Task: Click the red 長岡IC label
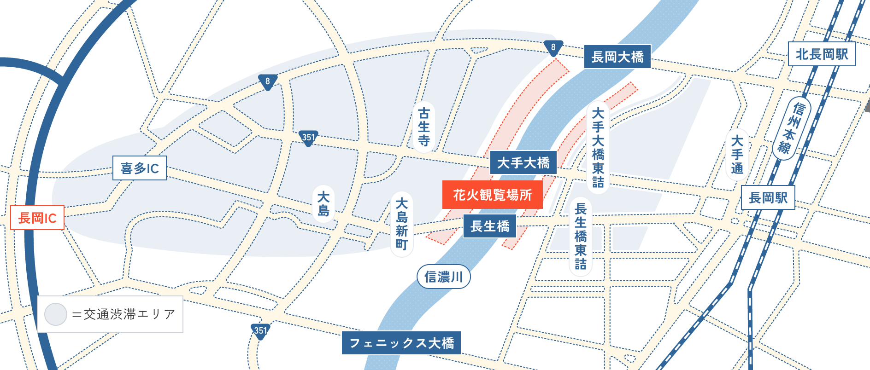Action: (37, 218)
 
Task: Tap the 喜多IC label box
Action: (140, 168)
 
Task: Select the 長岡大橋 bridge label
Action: (617, 57)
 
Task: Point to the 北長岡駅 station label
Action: (822, 54)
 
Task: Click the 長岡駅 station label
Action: (768, 198)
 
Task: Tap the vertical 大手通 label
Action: (737, 154)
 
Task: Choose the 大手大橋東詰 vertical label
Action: (598, 147)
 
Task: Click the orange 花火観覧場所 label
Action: (492, 195)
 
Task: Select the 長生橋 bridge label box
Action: (489, 226)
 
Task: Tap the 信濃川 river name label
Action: (443, 277)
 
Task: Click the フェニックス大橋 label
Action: (401, 343)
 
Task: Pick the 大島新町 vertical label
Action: (402, 224)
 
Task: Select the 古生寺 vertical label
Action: (424, 127)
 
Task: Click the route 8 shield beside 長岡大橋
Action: (553, 47)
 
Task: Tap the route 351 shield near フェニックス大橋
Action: (260, 331)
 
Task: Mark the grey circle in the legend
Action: (56, 314)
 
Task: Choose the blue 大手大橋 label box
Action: (523, 162)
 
